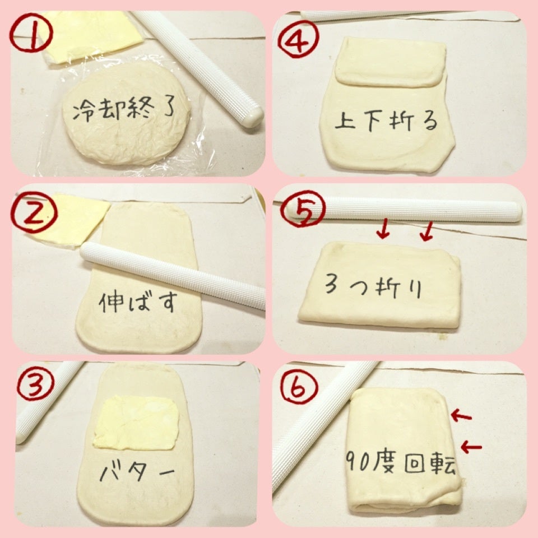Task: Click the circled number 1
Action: (x=31, y=33)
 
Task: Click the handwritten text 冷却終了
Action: (x=124, y=109)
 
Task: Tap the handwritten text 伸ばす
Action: (x=138, y=302)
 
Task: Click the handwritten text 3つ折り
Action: (x=373, y=287)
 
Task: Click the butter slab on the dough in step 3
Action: (x=137, y=423)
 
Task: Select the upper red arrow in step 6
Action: (x=461, y=416)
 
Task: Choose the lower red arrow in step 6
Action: (x=471, y=447)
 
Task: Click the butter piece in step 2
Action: (x=71, y=220)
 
